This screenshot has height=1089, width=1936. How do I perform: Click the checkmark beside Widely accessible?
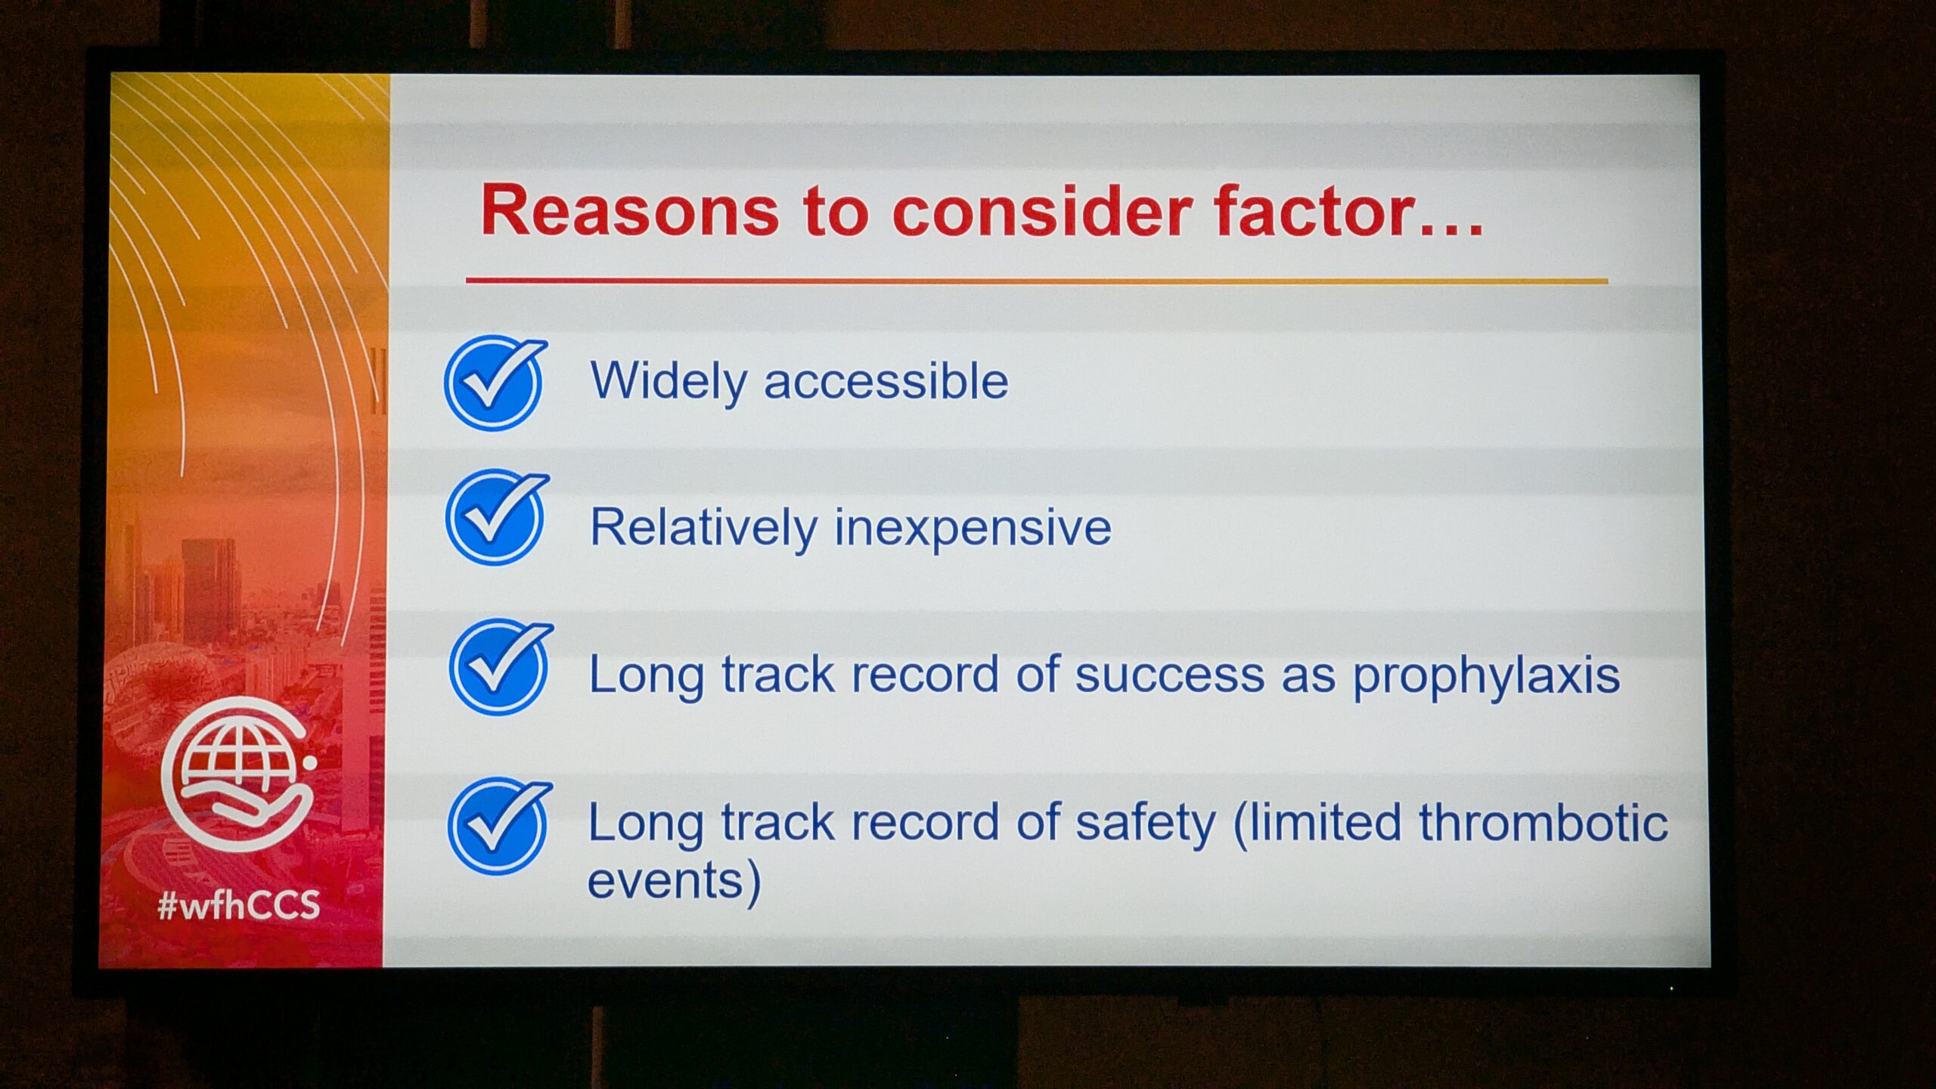click(x=496, y=382)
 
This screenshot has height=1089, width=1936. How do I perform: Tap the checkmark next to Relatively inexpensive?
click(x=497, y=517)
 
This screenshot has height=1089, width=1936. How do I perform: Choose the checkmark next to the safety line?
click(x=499, y=826)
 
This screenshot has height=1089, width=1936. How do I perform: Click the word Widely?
click(x=669, y=382)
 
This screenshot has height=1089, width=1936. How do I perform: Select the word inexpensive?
click(x=973, y=529)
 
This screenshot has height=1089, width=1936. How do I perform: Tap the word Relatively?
click(x=703, y=529)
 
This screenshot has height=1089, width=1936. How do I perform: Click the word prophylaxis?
click(x=1486, y=675)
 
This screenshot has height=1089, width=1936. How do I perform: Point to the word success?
click(x=1170, y=675)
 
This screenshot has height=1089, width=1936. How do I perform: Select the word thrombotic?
click(x=1544, y=822)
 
